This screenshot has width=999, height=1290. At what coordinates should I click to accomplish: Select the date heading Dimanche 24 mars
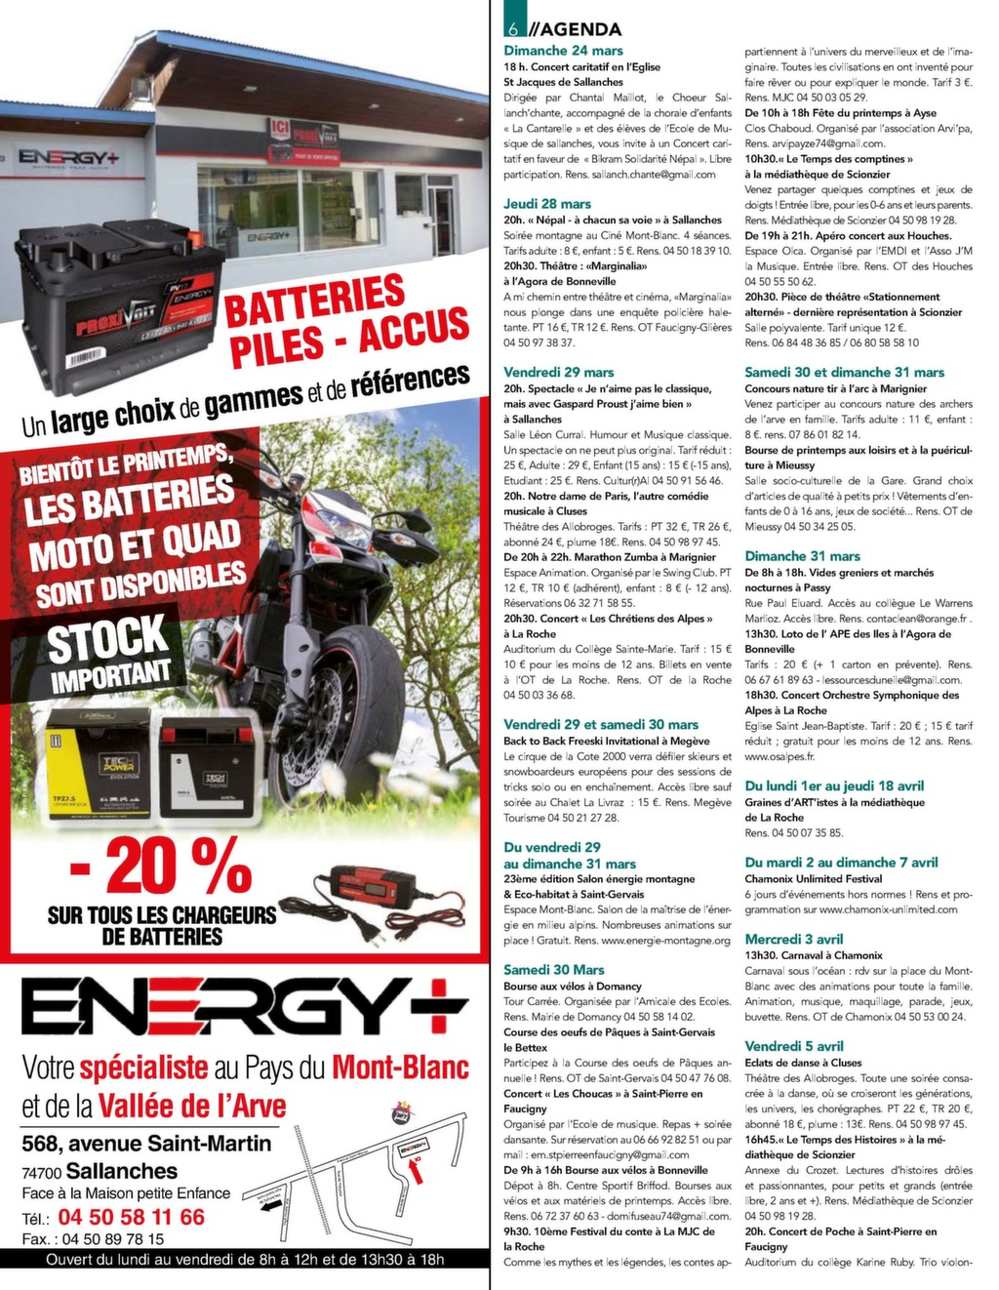(563, 51)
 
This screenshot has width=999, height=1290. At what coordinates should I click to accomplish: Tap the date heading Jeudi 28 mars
(547, 204)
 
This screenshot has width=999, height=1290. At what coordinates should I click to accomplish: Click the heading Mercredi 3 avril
(793, 939)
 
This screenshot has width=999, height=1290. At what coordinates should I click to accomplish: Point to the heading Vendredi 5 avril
(793, 1046)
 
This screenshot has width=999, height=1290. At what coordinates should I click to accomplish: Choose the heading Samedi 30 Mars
(553, 970)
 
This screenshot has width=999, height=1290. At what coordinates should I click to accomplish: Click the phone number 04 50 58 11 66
(132, 1217)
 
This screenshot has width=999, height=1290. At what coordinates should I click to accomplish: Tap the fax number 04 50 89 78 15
(113, 1239)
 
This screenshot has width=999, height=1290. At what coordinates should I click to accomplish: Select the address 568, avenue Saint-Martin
(146, 1144)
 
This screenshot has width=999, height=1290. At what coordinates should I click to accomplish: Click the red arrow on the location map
(417, 1175)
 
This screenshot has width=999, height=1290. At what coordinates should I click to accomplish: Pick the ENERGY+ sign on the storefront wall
(68, 157)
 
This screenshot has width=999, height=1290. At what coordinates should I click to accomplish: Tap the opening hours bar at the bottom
(244, 1260)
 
